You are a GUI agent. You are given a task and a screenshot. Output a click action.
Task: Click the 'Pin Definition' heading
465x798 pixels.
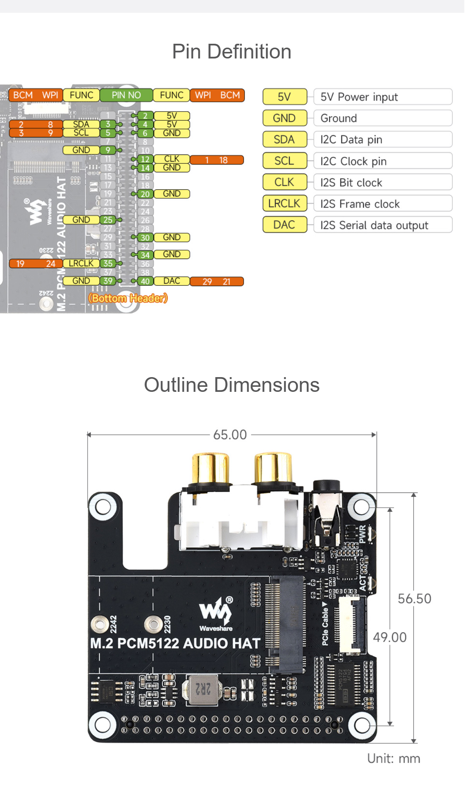coord(232,51)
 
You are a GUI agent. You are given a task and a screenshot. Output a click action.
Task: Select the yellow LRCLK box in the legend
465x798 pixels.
coord(284,203)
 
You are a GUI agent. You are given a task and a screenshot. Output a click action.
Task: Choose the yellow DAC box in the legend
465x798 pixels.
coord(284,225)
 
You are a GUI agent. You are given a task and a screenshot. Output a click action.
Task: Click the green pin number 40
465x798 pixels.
coord(145,281)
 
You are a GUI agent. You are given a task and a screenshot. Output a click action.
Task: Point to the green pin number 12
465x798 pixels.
coord(145,159)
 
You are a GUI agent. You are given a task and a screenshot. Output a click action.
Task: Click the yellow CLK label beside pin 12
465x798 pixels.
coord(172,159)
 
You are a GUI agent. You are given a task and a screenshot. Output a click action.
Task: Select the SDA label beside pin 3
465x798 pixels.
coord(81,124)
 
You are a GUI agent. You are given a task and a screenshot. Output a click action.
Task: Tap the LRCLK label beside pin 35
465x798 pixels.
coord(81,264)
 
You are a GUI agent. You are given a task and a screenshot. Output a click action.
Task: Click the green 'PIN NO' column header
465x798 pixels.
coord(126,95)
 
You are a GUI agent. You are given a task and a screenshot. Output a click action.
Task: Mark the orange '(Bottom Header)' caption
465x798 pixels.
coord(128,298)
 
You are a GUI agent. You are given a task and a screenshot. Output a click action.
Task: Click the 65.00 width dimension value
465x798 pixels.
coord(230,435)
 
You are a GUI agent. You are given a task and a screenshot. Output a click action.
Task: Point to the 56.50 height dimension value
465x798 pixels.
coord(414,599)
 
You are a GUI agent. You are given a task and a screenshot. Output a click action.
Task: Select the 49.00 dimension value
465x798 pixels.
coord(389,637)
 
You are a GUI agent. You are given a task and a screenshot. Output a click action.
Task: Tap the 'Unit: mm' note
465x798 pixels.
coord(393,759)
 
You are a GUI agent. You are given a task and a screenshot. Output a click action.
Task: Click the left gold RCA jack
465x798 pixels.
coord(210,468)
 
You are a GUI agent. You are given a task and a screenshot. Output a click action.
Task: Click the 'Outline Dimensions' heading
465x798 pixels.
coord(232,385)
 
